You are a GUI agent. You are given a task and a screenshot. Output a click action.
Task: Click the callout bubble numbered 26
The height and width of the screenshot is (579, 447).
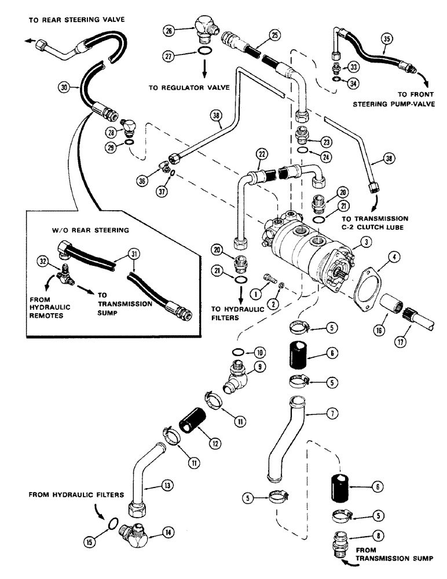168,31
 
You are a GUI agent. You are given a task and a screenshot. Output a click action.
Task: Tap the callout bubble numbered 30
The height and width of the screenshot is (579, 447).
63,87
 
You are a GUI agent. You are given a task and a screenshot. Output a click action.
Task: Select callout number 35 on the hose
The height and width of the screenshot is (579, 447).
386,39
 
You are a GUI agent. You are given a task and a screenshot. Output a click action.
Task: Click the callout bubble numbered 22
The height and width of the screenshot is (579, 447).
263,154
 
